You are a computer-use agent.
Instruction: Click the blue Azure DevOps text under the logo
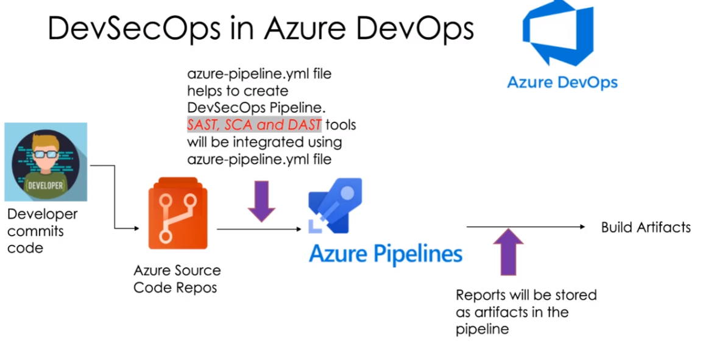pos(562,82)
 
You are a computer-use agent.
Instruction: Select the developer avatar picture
pos(46,161)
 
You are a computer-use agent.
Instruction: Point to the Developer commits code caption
pos(42,231)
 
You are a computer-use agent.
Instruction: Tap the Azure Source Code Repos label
pos(177,278)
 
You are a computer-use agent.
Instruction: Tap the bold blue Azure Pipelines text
pos(385,253)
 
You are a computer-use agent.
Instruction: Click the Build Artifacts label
pos(646,227)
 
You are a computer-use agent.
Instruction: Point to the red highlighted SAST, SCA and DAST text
pos(254,125)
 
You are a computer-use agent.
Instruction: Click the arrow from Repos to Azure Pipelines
pos(259,229)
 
